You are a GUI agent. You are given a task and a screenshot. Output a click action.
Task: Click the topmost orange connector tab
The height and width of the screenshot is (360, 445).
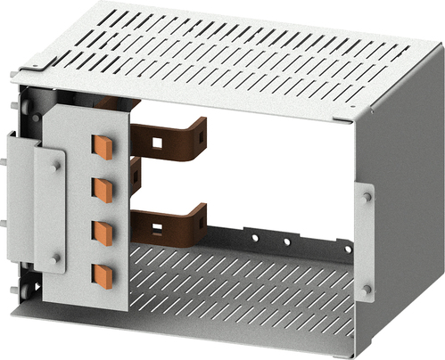click(x=103, y=146)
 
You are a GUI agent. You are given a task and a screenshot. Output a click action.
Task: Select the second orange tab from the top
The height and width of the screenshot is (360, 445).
click(x=103, y=189)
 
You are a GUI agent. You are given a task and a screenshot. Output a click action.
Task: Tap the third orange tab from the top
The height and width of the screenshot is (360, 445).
click(x=103, y=232)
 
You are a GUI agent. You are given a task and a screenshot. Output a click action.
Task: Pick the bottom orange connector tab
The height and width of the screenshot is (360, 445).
click(x=103, y=274)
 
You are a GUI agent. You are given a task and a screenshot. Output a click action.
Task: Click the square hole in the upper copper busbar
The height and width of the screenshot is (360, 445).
click(x=157, y=141)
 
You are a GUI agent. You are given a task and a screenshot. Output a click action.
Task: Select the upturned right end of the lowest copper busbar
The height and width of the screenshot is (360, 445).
click(x=201, y=217)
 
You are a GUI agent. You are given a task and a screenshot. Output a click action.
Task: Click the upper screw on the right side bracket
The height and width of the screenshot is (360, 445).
click(x=367, y=196)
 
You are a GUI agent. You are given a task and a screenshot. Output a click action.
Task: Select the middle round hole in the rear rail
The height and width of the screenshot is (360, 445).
click(x=286, y=241)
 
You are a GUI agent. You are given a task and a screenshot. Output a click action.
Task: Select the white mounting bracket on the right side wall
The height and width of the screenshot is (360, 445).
click(x=367, y=241)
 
